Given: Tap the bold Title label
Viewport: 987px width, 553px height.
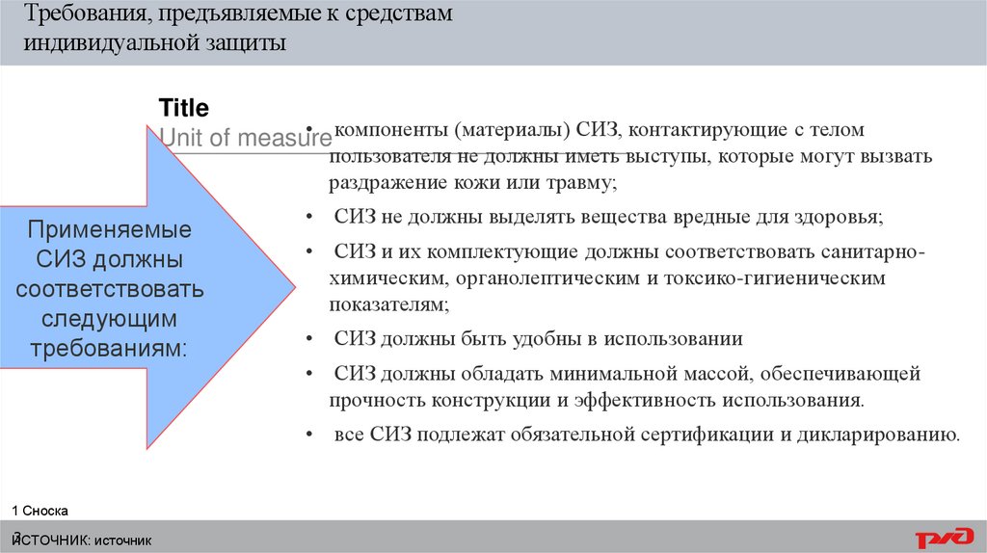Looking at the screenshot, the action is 183,107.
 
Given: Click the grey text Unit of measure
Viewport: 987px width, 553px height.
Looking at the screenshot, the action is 245,138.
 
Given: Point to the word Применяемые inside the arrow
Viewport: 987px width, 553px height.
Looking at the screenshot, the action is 109,231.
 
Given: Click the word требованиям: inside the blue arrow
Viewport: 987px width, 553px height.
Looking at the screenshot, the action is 109,347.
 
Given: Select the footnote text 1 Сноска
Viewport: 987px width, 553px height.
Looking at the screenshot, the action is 40,511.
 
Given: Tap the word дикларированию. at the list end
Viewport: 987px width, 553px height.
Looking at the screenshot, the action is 885,434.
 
